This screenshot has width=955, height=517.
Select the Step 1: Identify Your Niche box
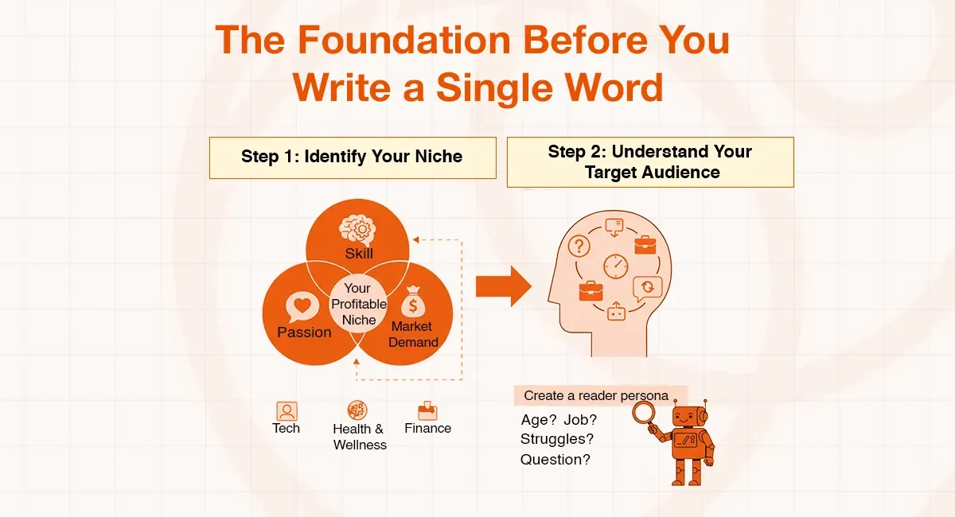click(x=352, y=157)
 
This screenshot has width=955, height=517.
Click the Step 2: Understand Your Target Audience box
click(x=650, y=161)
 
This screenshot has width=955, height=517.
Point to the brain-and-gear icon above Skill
click(x=358, y=228)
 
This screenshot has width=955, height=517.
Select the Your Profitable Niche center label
click(x=358, y=304)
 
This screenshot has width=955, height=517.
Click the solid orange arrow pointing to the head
click(x=504, y=286)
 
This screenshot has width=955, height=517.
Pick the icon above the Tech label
click(x=286, y=410)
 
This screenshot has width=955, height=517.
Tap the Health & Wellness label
click(x=359, y=437)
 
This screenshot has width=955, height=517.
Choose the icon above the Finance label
click(x=427, y=410)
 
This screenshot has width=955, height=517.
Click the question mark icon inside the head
click(x=579, y=246)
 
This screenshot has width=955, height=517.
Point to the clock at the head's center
click(x=616, y=266)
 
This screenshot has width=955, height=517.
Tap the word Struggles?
click(x=557, y=438)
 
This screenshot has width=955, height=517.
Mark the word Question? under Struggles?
click(x=555, y=459)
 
